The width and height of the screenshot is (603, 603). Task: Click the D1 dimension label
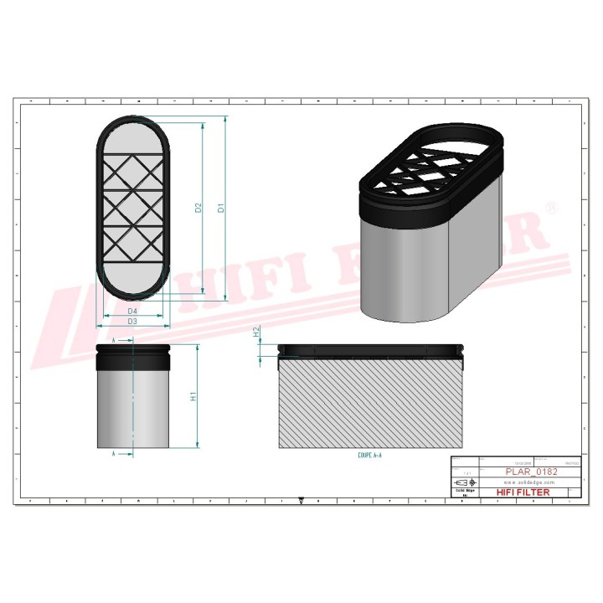tap(220, 208)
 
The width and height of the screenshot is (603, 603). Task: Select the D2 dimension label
tap(198, 208)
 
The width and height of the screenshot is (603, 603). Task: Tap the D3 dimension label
tap(132, 322)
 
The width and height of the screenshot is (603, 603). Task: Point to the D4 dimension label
tap(132, 312)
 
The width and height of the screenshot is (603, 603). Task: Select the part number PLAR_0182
tap(532, 472)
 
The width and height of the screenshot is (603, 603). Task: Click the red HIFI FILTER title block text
tap(523, 492)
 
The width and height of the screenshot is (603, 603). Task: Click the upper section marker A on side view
tap(114, 341)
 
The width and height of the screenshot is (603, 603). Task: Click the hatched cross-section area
tap(369, 402)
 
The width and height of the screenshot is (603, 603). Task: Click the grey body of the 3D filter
tap(402, 268)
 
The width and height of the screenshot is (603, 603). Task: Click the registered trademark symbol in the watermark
tap(550, 206)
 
